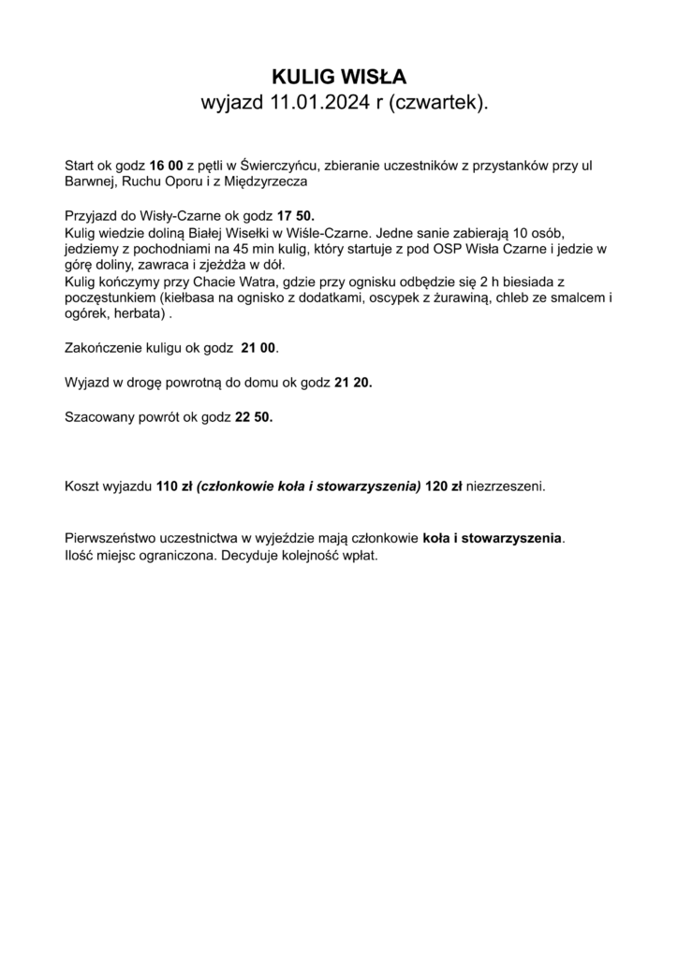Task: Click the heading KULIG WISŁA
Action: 339,77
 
